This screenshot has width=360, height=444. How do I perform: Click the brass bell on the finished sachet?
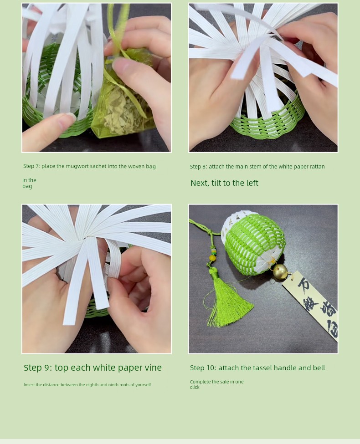pyautogui.click(x=280, y=272)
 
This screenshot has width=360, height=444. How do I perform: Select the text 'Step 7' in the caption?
pyautogui.click(x=31, y=166)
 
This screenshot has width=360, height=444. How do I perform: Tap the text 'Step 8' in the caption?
pyautogui.click(x=198, y=167)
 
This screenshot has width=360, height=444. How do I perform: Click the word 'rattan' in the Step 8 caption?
pyautogui.click(x=317, y=167)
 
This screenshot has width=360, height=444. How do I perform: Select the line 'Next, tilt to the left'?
pyautogui.click(x=224, y=183)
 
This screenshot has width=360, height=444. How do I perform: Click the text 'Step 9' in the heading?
pyautogui.click(x=38, y=367)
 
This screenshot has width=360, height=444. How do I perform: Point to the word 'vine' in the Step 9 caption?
pyautogui.click(x=153, y=367)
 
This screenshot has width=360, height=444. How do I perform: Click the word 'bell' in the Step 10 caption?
pyautogui.click(x=319, y=368)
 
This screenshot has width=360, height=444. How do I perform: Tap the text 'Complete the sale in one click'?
pyautogui.click(x=217, y=384)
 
